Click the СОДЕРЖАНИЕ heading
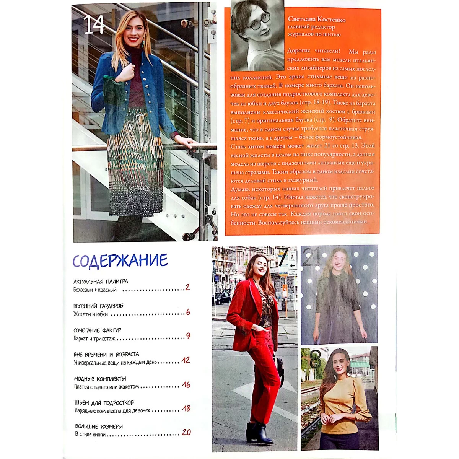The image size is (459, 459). click(x=120, y=261)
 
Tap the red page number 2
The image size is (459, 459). click(x=188, y=287)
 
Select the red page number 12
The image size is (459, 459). click(x=186, y=360)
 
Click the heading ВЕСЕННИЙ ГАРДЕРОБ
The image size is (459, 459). click(x=98, y=306)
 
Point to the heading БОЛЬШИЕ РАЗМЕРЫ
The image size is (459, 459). click(x=99, y=426)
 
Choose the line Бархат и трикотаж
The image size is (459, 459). click(x=94, y=339)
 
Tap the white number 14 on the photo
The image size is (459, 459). click(x=94, y=24)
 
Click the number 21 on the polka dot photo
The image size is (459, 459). click(x=312, y=257)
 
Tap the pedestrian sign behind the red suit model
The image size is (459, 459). click(x=293, y=258)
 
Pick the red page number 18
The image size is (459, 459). click(x=186, y=408)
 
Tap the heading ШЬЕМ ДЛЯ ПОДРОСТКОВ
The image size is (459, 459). click(x=104, y=403)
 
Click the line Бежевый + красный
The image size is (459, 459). click(x=95, y=290)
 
